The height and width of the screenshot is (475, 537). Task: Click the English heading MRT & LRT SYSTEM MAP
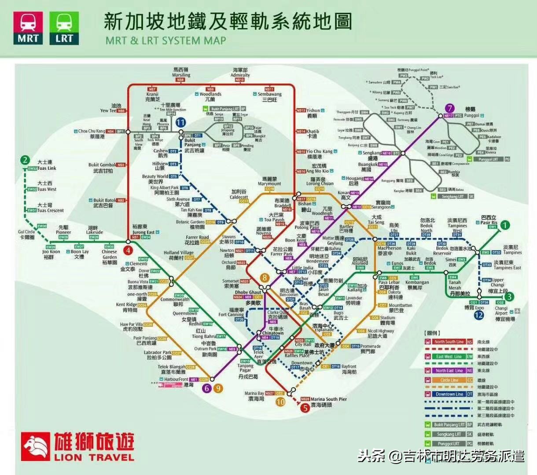(166, 41)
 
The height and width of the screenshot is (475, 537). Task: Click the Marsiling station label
(181, 73)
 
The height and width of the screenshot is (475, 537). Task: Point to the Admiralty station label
(240, 73)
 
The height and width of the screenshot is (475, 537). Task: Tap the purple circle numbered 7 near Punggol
(449, 108)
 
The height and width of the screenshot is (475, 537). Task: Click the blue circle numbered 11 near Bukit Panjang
(180, 122)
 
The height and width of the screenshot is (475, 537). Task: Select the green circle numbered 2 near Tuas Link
(26, 160)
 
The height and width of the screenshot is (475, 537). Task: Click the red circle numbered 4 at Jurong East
(128, 251)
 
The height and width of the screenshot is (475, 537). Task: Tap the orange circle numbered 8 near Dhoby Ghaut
(264, 278)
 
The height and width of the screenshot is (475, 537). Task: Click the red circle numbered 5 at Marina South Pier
(305, 408)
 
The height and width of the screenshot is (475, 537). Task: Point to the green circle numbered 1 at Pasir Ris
(505, 225)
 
